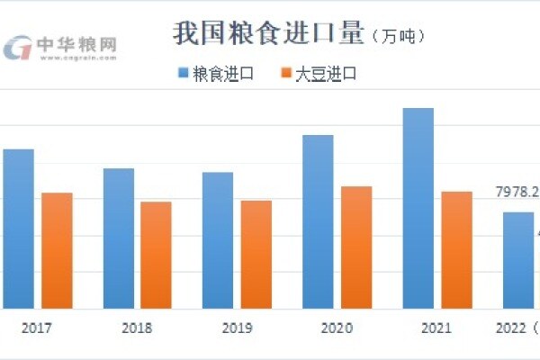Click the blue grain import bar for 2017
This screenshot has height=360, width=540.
17,229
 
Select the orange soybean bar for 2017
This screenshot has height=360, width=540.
57,250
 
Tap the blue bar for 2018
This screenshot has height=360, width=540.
118,238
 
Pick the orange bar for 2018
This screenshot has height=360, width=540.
156,255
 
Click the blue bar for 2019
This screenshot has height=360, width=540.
217,240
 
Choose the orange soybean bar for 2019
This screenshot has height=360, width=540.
256,255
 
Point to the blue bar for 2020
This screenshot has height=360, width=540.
318,221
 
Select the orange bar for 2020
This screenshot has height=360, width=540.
356,247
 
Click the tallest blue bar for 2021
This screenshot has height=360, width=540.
418,208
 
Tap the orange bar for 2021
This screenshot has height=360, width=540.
456,250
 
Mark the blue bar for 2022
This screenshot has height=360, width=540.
517,260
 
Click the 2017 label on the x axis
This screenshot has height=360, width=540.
37,328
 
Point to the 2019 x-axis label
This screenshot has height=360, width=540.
236,328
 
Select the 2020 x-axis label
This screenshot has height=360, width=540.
336,328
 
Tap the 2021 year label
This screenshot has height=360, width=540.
436,328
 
